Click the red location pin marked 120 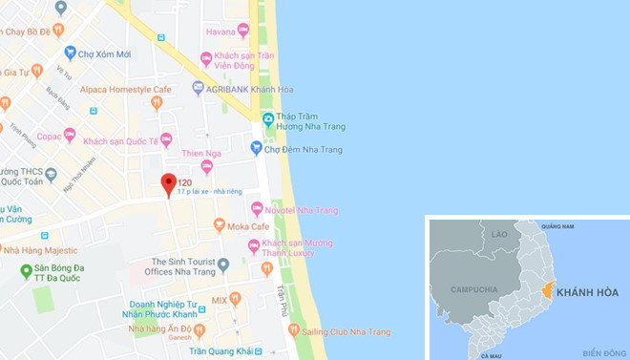168,184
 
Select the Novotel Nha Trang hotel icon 256,209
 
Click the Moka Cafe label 246,226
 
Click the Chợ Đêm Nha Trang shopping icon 256,147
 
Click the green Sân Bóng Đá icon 27,271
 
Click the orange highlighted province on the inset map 548,289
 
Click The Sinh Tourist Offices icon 223,265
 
